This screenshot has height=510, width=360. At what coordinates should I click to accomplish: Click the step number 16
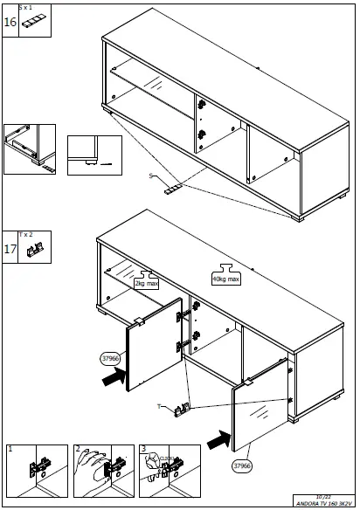click(x=10, y=22)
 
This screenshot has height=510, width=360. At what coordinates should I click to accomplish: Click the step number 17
click(x=10, y=249)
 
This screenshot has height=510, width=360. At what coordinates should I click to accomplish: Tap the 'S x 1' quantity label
click(x=25, y=7)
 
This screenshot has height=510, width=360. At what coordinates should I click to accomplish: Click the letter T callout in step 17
click(x=158, y=406)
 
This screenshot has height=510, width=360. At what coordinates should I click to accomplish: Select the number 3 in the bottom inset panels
click(x=143, y=449)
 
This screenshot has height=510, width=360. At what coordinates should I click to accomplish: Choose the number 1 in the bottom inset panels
click(x=10, y=449)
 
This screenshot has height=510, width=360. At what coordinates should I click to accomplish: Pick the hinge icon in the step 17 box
click(x=35, y=251)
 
